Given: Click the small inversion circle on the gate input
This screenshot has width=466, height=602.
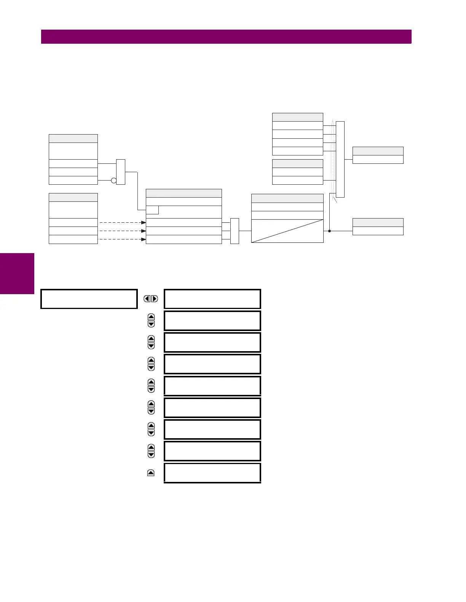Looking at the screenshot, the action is pos(113,181).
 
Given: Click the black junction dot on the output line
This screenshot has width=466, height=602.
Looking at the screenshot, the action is pos(329,231).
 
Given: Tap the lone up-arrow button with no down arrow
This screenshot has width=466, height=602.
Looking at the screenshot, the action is pos(151,473).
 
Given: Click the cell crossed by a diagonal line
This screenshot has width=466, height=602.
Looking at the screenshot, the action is pos(287,231).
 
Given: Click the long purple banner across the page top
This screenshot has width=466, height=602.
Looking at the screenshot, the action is pos(226,36).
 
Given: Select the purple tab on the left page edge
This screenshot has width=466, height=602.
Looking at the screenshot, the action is pos(17,273).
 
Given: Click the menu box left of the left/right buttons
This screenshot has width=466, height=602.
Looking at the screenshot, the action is pos(89,299).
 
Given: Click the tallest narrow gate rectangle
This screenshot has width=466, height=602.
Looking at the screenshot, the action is pos(340,159).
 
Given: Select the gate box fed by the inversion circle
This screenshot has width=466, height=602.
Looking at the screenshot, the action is pos(120,172).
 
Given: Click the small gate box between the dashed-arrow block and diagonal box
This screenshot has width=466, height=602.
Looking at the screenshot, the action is pos(235,231).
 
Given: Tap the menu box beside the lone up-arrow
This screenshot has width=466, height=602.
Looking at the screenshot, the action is pos(212,473).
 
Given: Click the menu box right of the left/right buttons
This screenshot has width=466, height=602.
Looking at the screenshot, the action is pos(212,299).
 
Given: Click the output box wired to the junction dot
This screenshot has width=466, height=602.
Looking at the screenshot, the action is pos(378,231).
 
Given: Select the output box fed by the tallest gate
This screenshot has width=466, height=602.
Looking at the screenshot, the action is pos(378,159).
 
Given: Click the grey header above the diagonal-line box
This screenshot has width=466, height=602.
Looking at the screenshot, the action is pos(287,198).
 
